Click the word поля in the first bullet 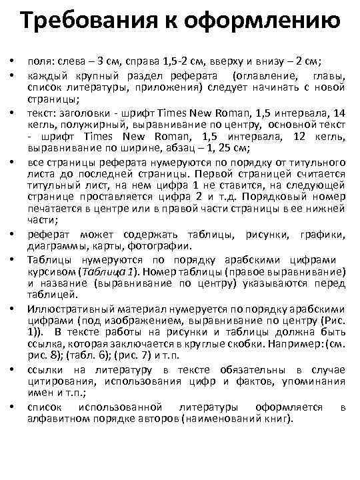[39, 61]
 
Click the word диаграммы [55, 243]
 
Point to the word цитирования [59, 383]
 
